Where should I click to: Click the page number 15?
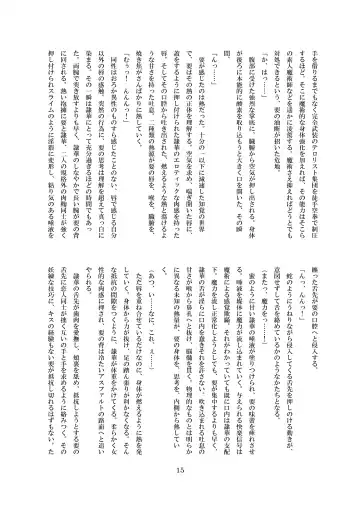180,472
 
